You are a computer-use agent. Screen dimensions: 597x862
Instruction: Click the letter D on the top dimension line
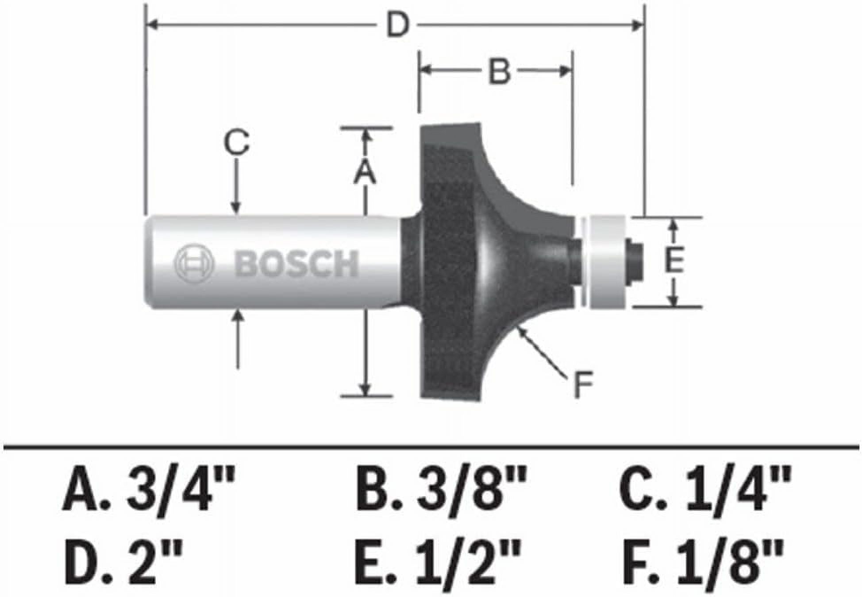[397, 25]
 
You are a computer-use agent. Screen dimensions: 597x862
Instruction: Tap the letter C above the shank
[236, 142]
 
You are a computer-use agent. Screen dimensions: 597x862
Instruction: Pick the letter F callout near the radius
[583, 385]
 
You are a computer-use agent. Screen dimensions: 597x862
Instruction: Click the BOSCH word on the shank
[296, 264]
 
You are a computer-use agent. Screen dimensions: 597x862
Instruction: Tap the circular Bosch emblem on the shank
[194, 264]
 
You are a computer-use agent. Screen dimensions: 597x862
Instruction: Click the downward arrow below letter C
[236, 186]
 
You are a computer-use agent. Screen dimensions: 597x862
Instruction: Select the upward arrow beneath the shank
[239, 339]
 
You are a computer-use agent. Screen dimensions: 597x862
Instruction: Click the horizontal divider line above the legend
[431, 448]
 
